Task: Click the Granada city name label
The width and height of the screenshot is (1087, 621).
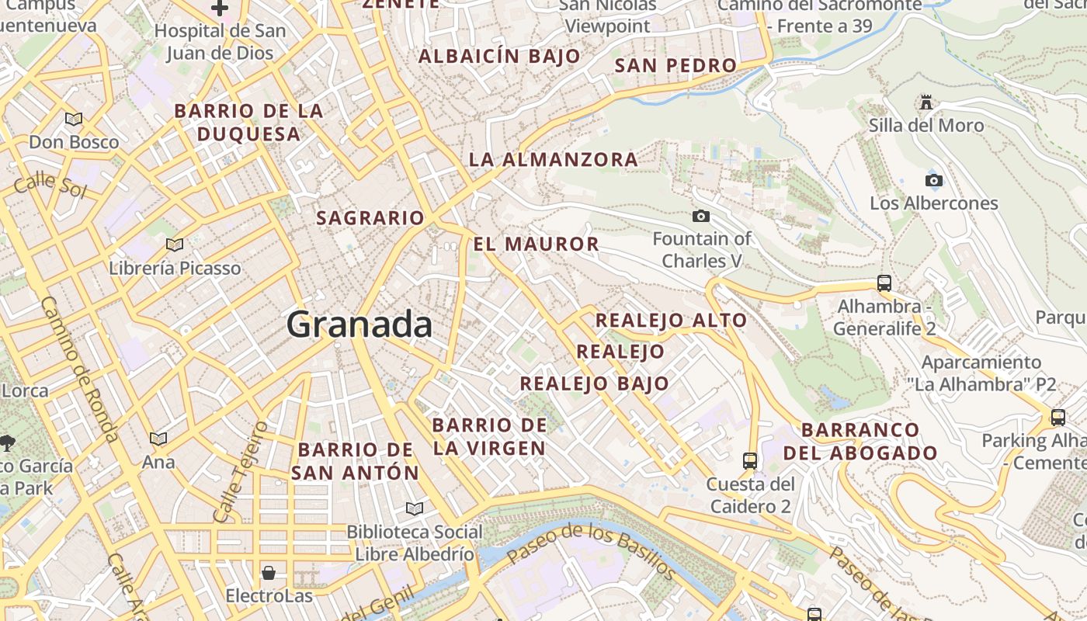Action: pyautogui.click(x=359, y=324)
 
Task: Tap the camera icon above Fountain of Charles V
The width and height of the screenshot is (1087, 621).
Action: pyautogui.click(x=701, y=216)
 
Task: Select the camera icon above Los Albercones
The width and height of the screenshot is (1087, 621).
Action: pyautogui.click(x=934, y=181)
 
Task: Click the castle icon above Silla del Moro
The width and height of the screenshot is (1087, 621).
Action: pyautogui.click(x=926, y=102)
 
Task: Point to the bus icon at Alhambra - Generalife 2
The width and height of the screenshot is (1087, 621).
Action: pyautogui.click(x=884, y=283)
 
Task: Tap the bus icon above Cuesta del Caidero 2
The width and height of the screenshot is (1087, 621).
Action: pyautogui.click(x=750, y=461)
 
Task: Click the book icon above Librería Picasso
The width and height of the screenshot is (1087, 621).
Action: pyautogui.click(x=175, y=245)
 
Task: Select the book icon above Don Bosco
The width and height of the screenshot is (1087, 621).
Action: pyautogui.click(x=74, y=120)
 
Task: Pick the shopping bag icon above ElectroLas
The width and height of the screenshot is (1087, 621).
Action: pyautogui.click(x=269, y=573)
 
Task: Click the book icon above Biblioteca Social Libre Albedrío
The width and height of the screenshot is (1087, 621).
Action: pyautogui.click(x=415, y=509)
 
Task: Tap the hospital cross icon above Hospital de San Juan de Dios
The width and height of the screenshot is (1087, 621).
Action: pyautogui.click(x=220, y=9)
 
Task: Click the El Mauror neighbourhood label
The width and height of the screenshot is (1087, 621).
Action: pyautogui.click(x=537, y=244)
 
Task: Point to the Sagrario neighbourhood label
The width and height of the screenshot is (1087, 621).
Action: pyautogui.click(x=370, y=218)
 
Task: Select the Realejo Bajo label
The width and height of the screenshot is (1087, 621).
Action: pyautogui.click(x=594, y=383)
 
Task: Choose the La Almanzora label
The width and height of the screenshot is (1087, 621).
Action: pyautogui.click(x=553, y=160)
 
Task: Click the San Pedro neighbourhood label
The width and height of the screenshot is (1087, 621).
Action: pyautogui.click(x=675, y=66)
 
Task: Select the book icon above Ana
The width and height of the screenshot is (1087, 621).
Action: pyautogui.click(x=158, y=439)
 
